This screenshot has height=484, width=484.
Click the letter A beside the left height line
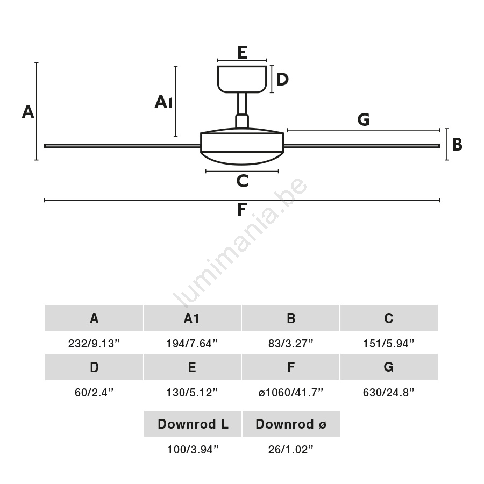(x=28, y=111)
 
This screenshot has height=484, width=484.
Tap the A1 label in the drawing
(x=163, y=101)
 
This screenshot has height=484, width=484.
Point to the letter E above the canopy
(x=242, y=52)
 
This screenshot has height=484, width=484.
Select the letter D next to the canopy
(x=282, y=80)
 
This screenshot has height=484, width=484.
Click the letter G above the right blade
(x=364, y=120)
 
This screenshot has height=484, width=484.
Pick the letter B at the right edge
(x=457, y=145)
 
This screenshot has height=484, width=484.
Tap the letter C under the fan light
(x=242, y=181)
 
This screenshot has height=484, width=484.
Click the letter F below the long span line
(x=242, y=210)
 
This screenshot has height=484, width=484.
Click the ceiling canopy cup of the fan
(x=242, y=79)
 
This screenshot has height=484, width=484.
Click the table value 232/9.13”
(x=94, y=344)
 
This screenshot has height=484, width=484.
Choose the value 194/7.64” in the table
(x=192, y=344)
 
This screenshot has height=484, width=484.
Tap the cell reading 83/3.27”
(x=290, y=344)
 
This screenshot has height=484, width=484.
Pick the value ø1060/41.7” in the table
(x=290, y=393)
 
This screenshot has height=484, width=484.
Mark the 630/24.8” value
(x=389, y=393)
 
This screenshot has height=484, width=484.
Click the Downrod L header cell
(x=193, y=424)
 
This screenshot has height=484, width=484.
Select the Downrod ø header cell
(x=291, y=424)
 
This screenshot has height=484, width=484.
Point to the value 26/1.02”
(x=291, y=450)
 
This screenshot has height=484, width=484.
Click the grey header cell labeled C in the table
(x=389, y=318)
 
